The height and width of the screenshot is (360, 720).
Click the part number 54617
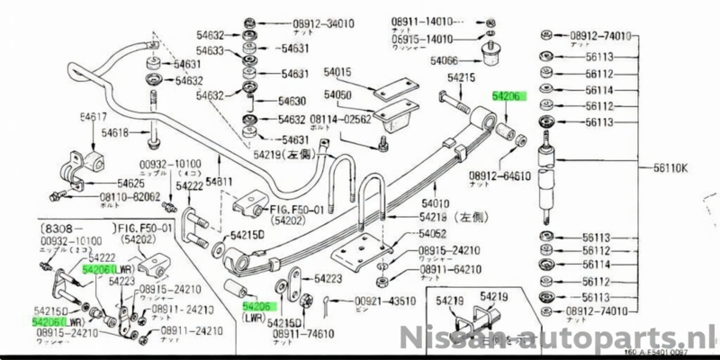94,117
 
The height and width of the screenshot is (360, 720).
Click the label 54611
219,182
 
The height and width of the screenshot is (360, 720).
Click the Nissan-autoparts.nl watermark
558,340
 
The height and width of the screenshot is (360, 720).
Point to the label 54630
297,102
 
